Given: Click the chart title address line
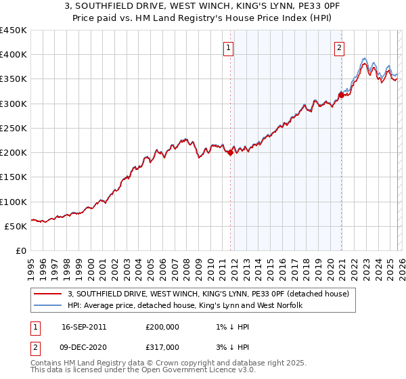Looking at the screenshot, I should point(202,7).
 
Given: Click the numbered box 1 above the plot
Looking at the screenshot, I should point(229,47).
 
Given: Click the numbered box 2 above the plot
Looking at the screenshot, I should point(339,47).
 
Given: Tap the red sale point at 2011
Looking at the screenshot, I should point(230,153).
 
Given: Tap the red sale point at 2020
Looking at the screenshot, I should point(342,95).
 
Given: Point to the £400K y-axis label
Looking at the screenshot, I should point(14,55).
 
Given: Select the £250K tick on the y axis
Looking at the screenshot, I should point(14,128).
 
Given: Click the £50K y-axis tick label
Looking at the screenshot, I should point(16,226).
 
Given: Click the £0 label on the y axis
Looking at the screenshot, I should point(22,250).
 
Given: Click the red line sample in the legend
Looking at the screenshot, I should point(48,294).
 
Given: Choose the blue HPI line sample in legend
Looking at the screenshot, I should point(48,306).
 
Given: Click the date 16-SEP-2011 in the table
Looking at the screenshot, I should point(84,326).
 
